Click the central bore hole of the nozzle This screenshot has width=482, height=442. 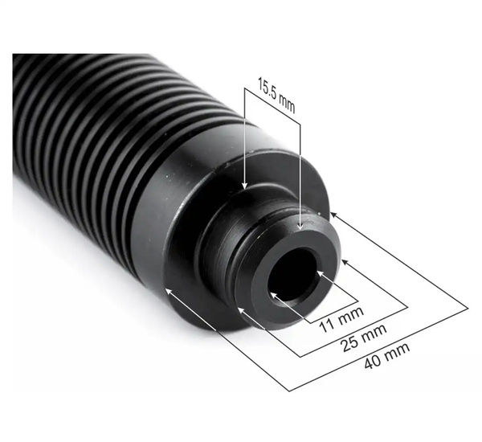[x=293, y=273]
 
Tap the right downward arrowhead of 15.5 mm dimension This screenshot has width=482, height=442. [x=300, y=227]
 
